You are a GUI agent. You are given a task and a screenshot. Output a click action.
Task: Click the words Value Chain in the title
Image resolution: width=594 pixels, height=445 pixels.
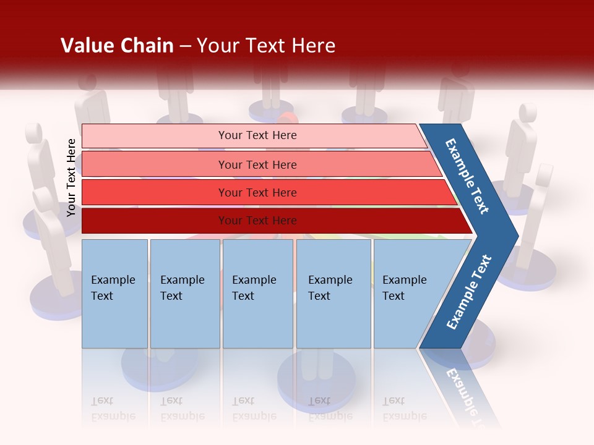tap(117, 46)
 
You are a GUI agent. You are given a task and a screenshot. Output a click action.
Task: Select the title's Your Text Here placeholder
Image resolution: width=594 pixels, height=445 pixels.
tap(266, 46)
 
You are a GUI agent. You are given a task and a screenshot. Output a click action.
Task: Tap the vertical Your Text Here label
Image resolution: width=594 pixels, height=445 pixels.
tap(71, 177)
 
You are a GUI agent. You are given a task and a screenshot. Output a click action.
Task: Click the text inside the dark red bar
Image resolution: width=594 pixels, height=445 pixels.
tap(257, 221)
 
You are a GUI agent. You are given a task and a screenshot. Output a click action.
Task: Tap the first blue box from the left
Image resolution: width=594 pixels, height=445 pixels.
tap(114, 294)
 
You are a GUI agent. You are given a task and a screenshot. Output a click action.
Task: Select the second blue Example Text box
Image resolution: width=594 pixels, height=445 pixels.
tap(185, 294)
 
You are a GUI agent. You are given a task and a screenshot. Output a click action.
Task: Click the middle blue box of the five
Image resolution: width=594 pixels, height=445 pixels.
tap(257, 294)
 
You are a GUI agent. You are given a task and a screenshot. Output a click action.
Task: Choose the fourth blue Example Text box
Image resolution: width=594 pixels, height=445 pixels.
tap(334, 294)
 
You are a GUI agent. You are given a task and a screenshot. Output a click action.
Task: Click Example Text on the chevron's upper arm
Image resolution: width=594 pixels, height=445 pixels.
tap(467, 176)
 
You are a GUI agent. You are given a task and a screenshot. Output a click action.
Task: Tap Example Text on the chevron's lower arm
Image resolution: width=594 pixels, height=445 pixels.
tap(468, 292)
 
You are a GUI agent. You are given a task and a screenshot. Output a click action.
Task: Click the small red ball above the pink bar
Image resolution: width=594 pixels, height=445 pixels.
tap(286, 117)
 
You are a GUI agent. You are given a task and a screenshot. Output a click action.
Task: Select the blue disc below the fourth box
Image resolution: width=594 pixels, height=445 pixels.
tap(316, 383)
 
